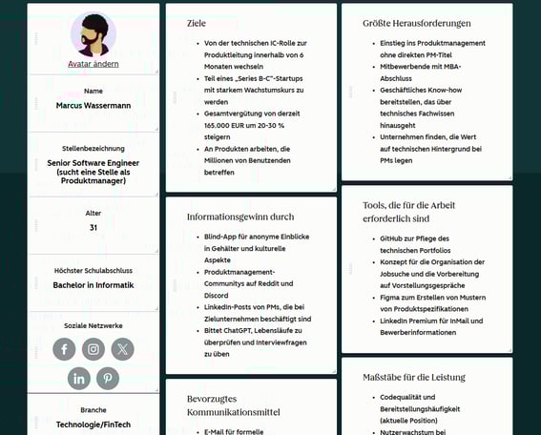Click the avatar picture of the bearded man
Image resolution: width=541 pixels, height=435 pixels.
[94, 34]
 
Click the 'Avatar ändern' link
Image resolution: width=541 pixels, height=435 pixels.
[94, 64]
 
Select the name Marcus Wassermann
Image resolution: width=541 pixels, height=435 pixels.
[94, 106]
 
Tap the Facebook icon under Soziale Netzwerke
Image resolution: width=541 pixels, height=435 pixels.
[65, 349]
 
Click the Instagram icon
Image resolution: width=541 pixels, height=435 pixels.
[94, 349]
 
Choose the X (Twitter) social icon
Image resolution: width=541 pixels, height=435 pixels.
[122, 349]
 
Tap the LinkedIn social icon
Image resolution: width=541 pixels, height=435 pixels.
[79, 379]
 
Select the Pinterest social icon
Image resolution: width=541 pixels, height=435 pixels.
[108, 379]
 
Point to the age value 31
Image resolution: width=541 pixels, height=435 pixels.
[94, 228]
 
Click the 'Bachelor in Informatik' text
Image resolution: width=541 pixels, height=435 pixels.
[94, 285]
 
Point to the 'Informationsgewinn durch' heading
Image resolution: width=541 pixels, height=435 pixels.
[240, 217]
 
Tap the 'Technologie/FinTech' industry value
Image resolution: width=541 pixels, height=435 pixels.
[94, 424]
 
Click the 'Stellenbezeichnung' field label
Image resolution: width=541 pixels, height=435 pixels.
[94, 149]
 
